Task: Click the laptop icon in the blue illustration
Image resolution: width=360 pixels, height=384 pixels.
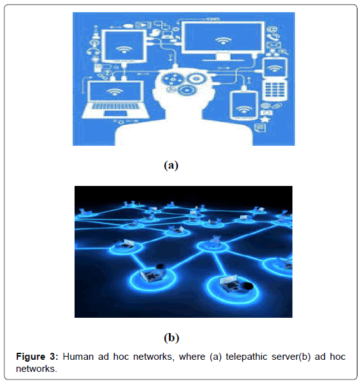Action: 115,100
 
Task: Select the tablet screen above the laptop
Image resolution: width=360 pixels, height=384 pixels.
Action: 124,46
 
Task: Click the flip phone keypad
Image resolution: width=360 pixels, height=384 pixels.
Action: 275,90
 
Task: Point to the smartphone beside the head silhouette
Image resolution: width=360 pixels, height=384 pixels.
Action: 244,105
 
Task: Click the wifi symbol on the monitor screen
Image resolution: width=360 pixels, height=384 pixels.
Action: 223,40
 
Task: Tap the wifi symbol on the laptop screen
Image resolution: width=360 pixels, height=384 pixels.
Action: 114,92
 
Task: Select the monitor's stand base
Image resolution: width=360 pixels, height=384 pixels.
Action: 223,60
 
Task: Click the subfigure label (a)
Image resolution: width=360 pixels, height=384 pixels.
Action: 171,165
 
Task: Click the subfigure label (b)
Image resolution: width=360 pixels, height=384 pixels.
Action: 171,338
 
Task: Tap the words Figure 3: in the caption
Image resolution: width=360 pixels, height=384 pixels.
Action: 37,357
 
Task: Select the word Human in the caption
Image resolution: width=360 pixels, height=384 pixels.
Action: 78,357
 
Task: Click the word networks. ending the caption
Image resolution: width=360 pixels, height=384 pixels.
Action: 36,369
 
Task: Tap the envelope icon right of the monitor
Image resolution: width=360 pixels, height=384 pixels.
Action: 273,45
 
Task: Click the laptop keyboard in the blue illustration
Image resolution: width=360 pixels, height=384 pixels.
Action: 115,106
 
